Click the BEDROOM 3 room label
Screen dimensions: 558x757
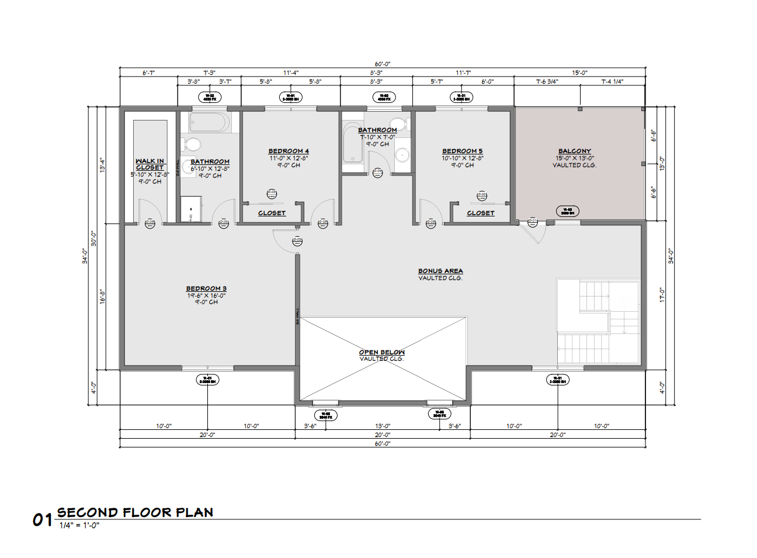tap(206, 288)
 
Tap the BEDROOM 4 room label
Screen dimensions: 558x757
tap(289, 151)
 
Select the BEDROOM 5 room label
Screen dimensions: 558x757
tap(462, 151)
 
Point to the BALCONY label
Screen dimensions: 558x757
tap(574, 151)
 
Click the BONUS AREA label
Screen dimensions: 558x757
tap(440, 271)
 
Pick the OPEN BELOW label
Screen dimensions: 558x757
tap(381, 352)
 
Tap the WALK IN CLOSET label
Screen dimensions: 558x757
tap(150, 164)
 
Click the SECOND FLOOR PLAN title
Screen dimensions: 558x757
tap(135, 512)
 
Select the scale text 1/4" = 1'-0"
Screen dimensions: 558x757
tap(79, 525)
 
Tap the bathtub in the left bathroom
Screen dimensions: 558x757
tap(209, 123)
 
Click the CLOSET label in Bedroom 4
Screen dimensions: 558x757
tap(272, 213)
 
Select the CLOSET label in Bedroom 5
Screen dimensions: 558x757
tap(480, 213)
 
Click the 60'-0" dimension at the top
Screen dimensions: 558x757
tap(383, 64)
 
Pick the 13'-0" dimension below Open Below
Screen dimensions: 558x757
tap(383, 426)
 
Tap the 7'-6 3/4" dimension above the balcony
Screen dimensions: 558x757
tap(547, 81)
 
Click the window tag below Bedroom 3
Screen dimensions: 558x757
tap(207, 380)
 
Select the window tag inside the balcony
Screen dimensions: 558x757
tap(567, 211)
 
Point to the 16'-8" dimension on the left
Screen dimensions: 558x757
tap(102, 297)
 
